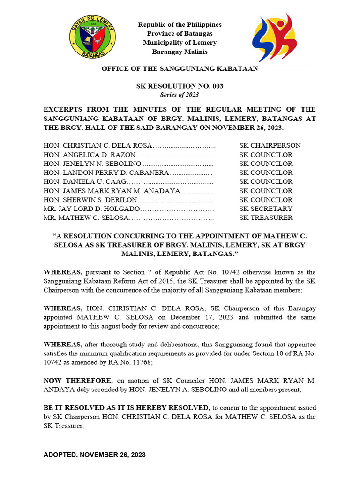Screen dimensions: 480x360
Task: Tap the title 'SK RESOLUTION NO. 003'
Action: [x=180, y=86]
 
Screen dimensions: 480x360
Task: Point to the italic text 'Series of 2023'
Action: [x=180, y=95]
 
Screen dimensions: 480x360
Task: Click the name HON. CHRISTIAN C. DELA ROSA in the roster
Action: [x=98, y=145]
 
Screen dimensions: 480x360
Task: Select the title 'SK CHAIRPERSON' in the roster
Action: [x=270, y=145]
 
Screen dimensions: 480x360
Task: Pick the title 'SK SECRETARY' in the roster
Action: [x=266, y=209]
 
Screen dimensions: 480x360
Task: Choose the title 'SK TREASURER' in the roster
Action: [x=266, y=217]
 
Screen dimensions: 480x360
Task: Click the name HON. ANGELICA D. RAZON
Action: [x=89, y=154]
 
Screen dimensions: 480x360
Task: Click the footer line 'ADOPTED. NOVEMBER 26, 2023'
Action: [x=94, y=455]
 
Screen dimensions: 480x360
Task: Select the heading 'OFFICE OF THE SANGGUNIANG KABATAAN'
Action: [x=180, y=69]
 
